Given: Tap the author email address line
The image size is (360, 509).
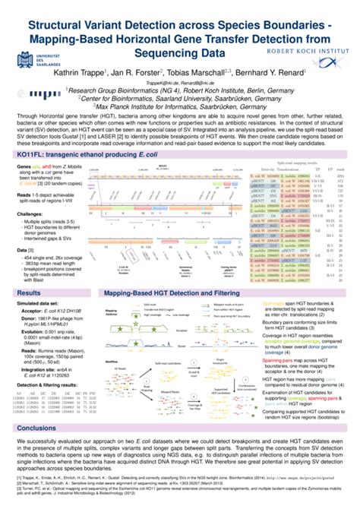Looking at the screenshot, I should click(x=179, y=80).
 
